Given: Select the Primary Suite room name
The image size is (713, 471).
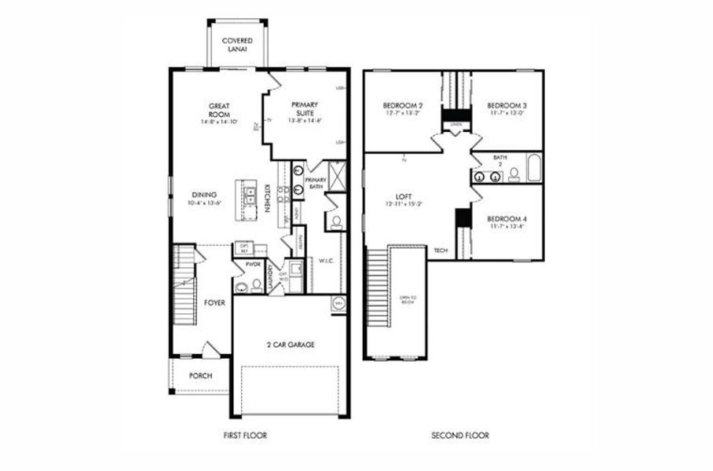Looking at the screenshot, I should (x=306, y=108).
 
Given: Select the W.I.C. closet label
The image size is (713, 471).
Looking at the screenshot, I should (x=327, y=261).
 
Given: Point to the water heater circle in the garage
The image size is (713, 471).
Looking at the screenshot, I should (x=339, y=303).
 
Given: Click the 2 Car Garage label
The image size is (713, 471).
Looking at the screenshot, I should (x=290, y=343).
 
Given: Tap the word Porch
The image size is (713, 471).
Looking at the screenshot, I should (x=200, y=376).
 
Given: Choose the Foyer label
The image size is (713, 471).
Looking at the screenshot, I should (x=214, y=301).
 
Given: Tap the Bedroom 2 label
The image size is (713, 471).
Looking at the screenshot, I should (x=403, y=105).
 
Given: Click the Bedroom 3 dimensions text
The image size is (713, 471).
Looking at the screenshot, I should (x=506, y=112).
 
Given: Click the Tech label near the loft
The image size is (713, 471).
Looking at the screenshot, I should (x=441, y=250).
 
